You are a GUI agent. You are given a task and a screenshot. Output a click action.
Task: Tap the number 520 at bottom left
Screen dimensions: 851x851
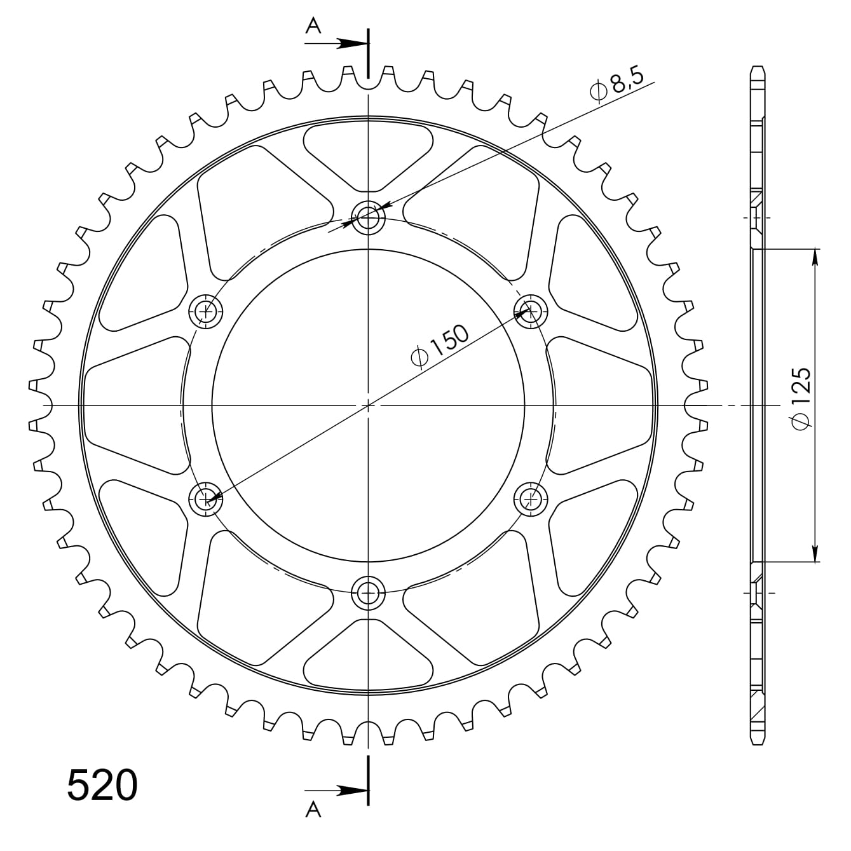click(102, 786)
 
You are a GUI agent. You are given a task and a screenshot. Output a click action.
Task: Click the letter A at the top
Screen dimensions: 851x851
click(313, 25)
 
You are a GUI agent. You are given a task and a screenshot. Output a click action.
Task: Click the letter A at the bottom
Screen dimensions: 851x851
click(313, 810)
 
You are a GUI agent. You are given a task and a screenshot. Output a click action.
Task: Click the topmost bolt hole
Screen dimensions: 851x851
click(368, 218)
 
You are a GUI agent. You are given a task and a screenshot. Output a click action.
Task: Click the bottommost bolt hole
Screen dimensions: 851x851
click(368, 592)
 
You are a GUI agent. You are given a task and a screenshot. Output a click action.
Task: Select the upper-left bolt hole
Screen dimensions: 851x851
click(206, 311)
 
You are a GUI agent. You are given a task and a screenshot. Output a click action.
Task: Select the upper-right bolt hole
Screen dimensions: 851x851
click(530, 311)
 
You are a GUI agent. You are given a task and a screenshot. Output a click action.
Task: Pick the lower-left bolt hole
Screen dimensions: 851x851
click(206, 498)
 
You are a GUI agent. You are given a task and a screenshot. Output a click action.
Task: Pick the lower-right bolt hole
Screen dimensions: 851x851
click(530, 498)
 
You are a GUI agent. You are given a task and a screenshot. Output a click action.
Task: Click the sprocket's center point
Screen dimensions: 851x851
click(368, 405)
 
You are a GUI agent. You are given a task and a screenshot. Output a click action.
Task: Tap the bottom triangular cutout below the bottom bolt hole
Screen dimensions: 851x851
click(368, 655)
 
